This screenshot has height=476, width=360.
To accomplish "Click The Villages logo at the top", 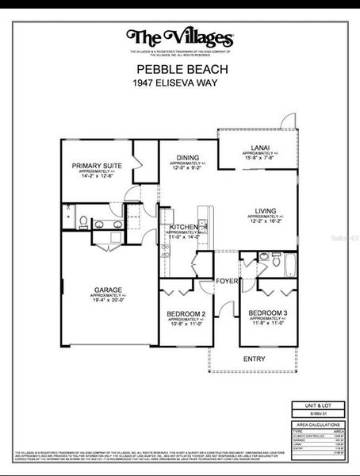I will click(x=180, y=37).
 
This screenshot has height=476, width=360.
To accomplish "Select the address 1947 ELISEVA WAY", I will click(x=174, y=83).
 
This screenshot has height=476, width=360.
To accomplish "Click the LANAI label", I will click(x=260, y=148).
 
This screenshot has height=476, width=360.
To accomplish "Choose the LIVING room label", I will click(x=266, y=211).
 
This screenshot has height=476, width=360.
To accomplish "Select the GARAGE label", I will click(x=109, y=290).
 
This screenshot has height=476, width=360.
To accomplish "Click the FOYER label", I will click(x=228, y=281).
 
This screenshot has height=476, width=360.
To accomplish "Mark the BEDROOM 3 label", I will click(x=268, y=313).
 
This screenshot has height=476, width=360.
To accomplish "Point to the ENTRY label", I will click(x=255, y=359).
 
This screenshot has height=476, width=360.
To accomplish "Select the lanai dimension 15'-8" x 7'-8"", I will click(x=260, y=159).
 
